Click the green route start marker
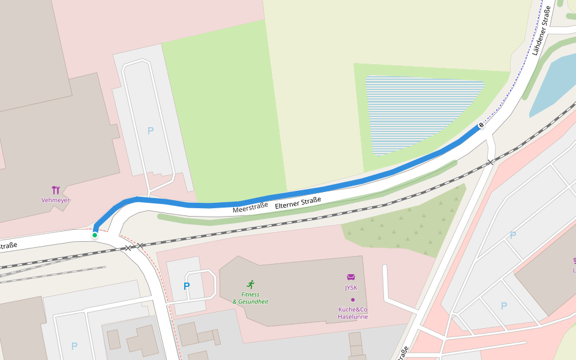point(95,235)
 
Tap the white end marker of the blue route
point(481,125)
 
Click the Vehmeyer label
point(56,200)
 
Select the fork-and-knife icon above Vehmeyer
point(56,190)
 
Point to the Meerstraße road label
point(250,207)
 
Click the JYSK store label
point(351,287)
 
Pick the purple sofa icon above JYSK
point(351,277)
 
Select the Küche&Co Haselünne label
point(353,313)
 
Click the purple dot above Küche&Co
point(353,299)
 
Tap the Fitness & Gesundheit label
point(250,298)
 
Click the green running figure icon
point(250,284)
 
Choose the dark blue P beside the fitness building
point(187,286)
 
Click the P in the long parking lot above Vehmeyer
point(151,130)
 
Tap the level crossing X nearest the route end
point(490,162)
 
